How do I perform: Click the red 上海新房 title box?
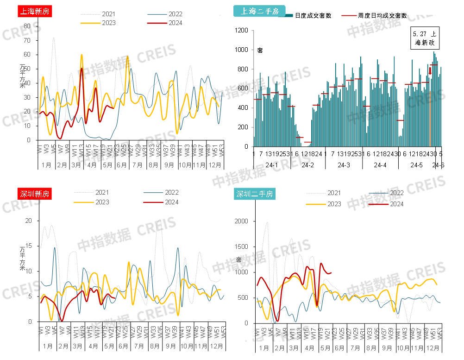point(34,11)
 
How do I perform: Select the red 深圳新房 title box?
point(34,194)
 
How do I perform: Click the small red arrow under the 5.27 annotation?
point(430,70)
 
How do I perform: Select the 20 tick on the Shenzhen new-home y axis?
point(28,221)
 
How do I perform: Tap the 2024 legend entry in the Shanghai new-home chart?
point(176,23)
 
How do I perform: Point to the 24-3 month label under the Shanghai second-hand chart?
point(344,165)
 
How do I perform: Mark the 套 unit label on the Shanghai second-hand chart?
point(260,50)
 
